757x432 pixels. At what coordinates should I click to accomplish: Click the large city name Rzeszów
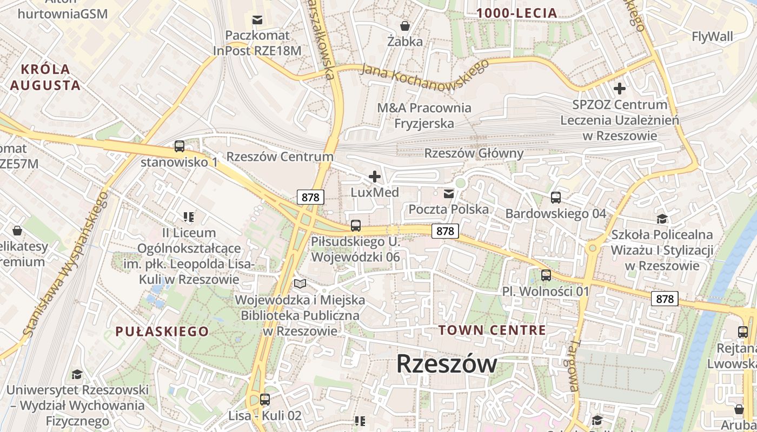pos(447,364)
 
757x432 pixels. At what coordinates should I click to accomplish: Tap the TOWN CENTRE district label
pos(492,330)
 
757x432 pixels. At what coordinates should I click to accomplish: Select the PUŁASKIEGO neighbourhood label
pos(162,332)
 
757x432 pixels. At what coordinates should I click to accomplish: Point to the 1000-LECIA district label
pos(516,13)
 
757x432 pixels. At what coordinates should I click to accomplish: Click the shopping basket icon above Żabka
pos(404,25)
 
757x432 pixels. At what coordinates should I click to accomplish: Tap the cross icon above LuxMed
pos(374,177)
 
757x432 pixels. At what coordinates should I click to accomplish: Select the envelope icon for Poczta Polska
pos(449,193)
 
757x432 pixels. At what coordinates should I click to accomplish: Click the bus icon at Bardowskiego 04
pos(555,198)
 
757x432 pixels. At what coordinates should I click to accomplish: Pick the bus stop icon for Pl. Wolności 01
pos(546,275)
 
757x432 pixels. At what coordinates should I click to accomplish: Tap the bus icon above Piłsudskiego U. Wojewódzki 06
pos(356,226)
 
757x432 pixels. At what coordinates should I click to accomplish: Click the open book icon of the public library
pos(300,283)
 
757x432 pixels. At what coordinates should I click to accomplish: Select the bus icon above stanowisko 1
pos(179,146)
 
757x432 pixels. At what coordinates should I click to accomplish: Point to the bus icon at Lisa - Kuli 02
pos(264,400)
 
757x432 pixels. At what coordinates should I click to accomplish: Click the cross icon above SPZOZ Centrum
pos(620,88)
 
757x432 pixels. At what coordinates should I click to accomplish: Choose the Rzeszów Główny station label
pos(474,153)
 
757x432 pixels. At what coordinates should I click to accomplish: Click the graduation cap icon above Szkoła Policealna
pos(662,219)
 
